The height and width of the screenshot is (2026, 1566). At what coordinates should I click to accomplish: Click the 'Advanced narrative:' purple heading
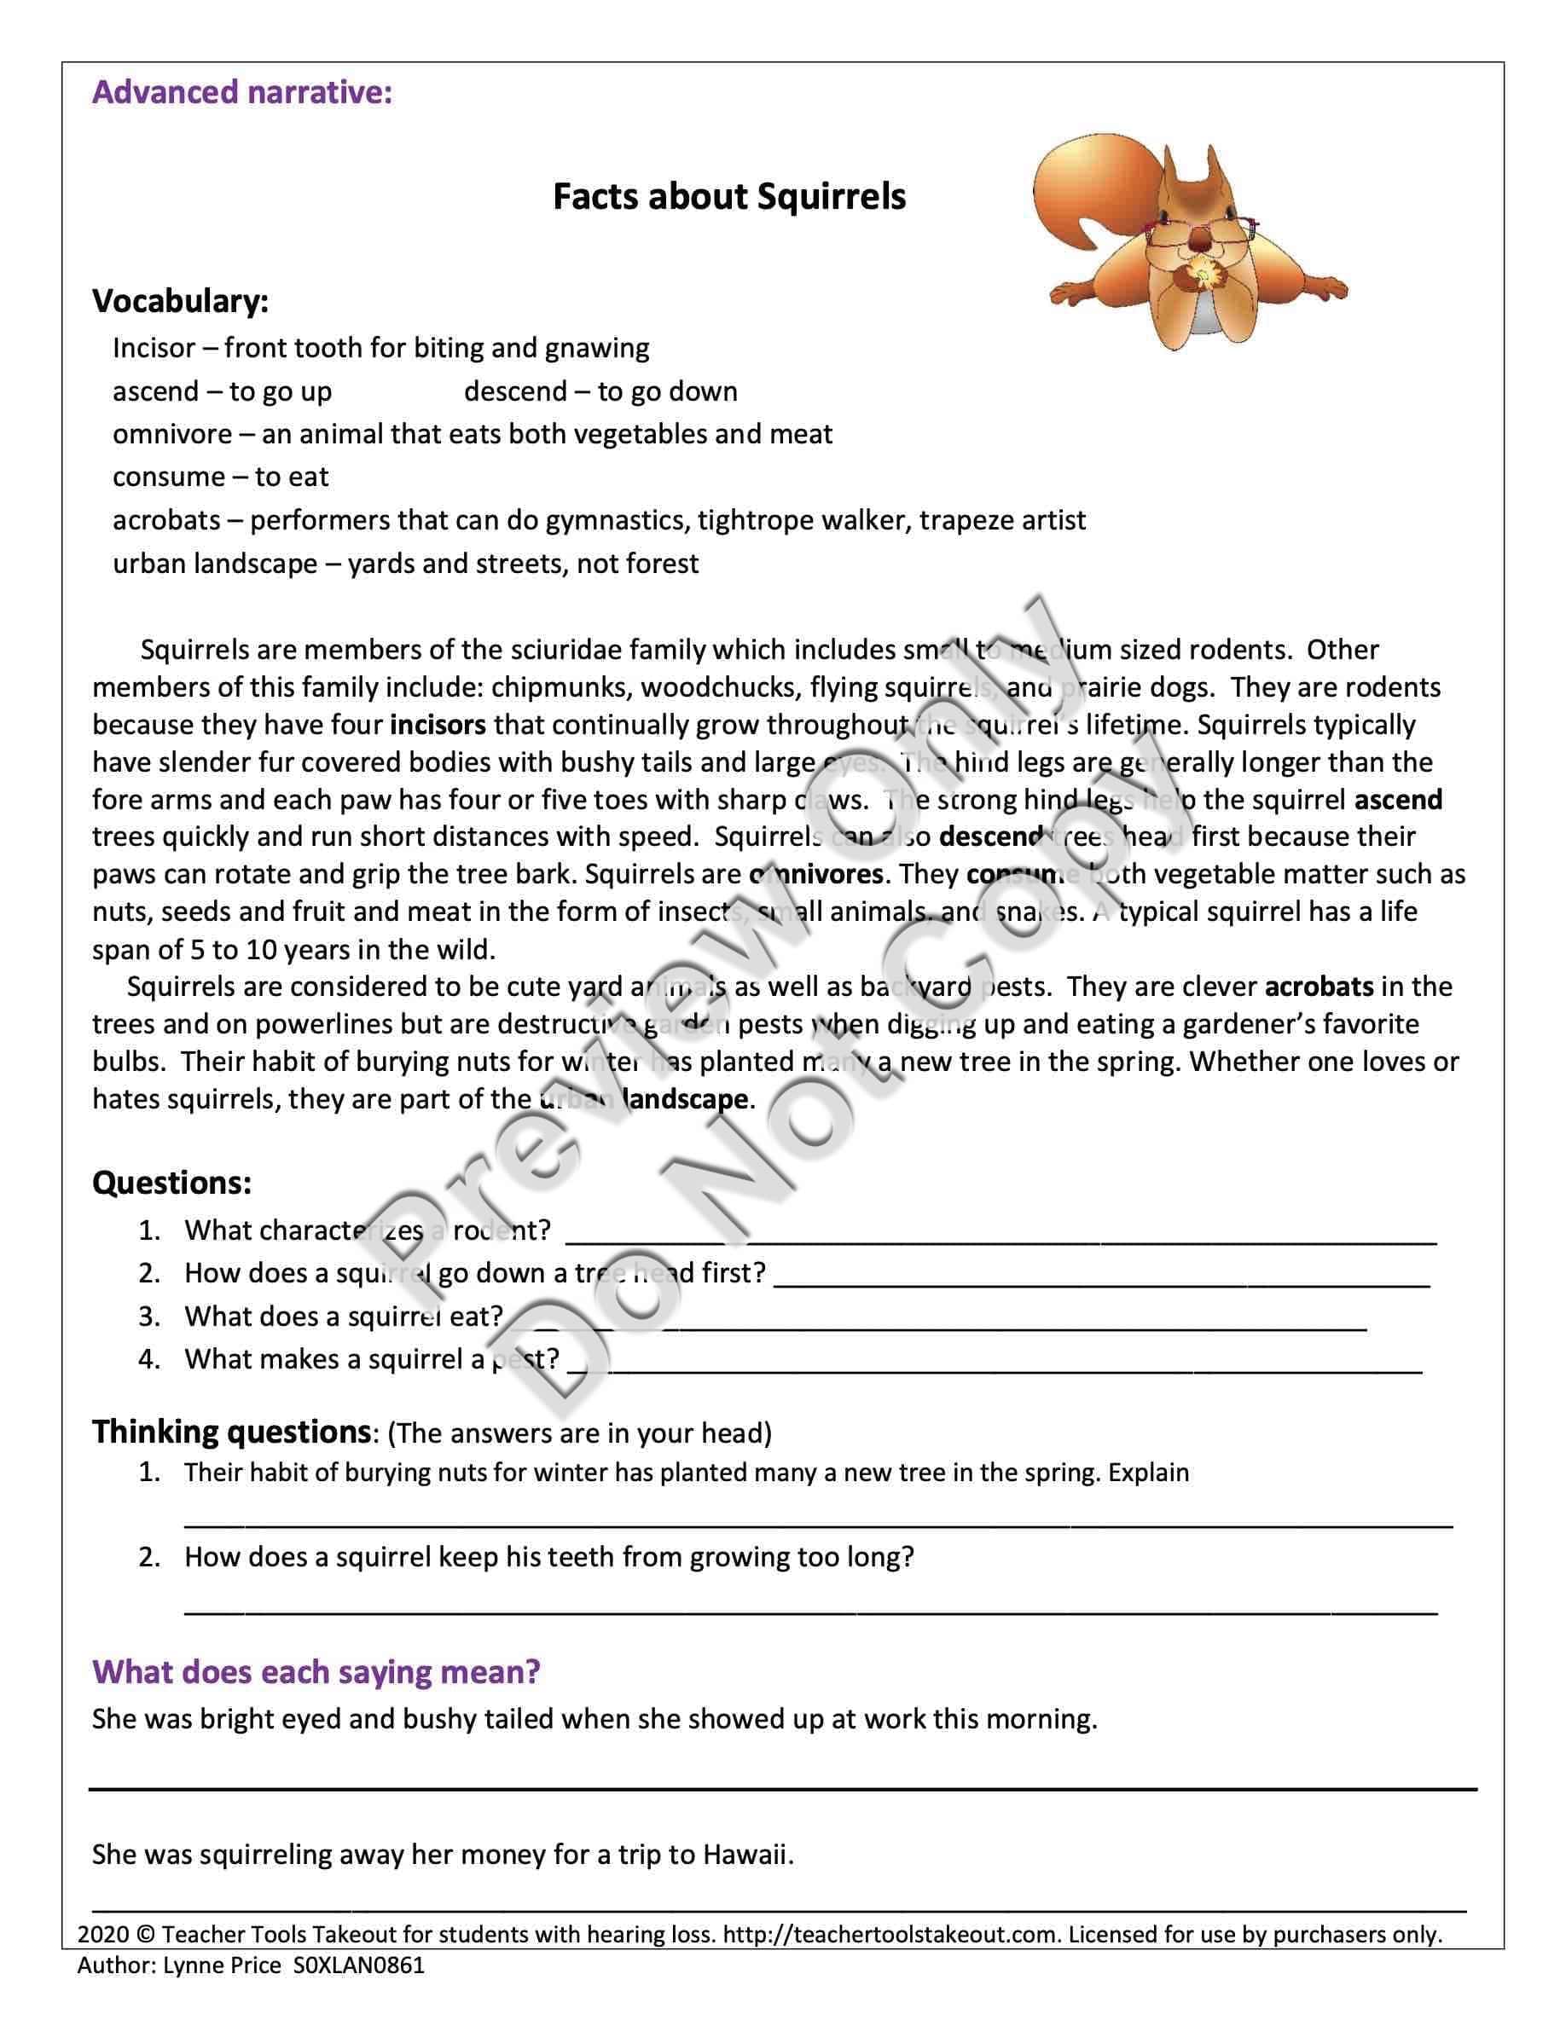(x=241, y=93)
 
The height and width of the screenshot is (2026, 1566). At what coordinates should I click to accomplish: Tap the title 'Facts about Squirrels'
(x=729, y=197)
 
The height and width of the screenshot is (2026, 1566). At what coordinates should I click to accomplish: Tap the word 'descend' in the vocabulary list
(x=515, y=391)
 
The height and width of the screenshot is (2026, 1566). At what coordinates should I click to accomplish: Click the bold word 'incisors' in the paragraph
(x=437, y=725)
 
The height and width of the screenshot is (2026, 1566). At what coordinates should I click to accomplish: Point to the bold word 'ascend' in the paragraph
(x=1397, y=800)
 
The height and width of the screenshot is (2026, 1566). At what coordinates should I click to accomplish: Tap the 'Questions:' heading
(x=171, y=1183)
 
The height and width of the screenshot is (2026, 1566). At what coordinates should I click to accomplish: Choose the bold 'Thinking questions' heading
(x=231, y=1432)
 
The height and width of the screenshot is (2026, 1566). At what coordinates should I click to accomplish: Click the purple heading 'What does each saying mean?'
(x=316, y=1671)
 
